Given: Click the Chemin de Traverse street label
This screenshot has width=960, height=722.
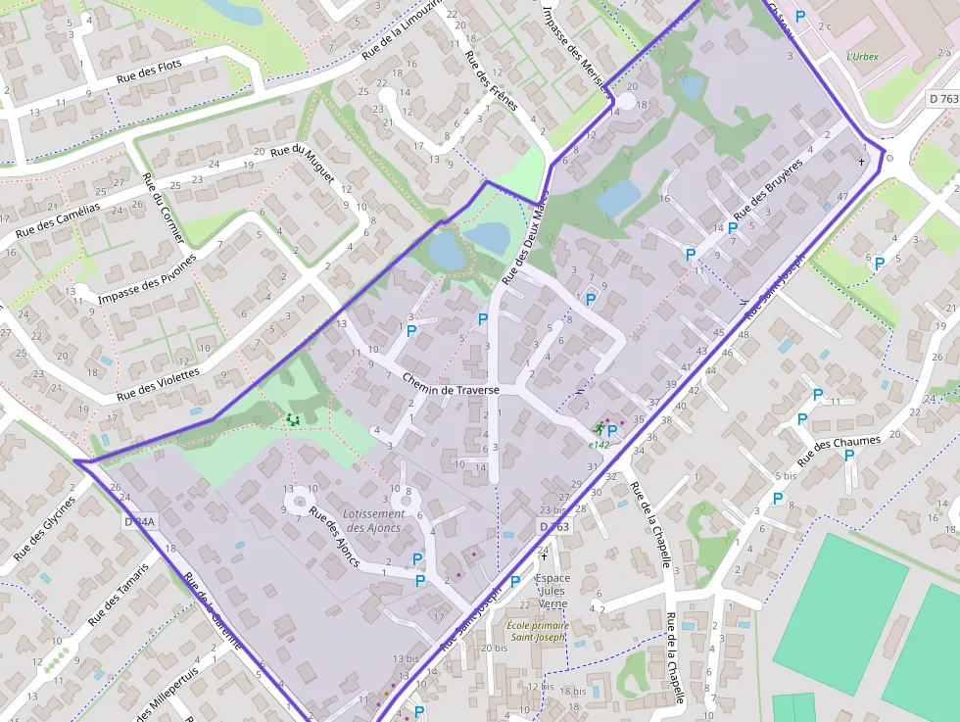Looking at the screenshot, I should pos(452,390).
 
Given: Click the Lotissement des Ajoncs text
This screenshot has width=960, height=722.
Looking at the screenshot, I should pos(374,520).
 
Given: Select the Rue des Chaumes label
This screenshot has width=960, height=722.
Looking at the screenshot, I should pos(839,451).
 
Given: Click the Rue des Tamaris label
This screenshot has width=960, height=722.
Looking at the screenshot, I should pos(118,594).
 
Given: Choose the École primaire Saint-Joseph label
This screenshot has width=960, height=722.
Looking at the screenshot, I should pos(537,631).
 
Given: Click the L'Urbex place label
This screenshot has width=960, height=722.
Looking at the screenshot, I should pos(862,56).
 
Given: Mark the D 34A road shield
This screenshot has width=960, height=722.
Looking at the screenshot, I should pos(140,522).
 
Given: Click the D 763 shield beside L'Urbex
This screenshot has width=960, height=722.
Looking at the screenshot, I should pos(942,99).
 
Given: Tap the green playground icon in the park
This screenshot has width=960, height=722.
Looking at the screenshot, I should pos(291,419).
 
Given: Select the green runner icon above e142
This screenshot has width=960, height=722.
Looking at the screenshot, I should pos(598,428).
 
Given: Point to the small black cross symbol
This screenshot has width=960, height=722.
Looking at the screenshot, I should pos(862,161).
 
